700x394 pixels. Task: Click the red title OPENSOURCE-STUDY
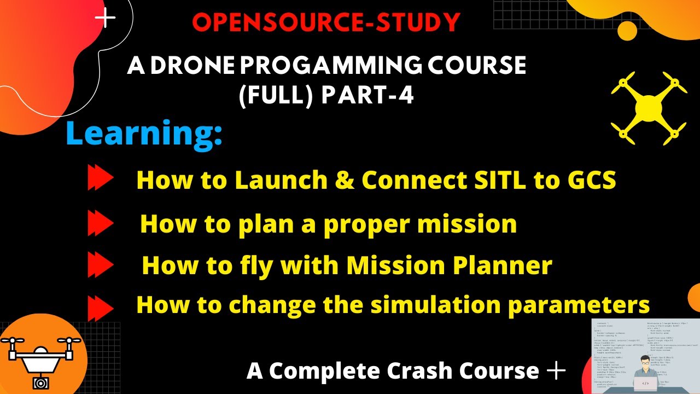click(x=326, y=22)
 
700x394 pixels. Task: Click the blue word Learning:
click(x=144, y=134)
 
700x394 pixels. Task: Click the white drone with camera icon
click(x=40, y=359)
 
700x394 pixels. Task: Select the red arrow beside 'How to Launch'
click(x=100, y=179)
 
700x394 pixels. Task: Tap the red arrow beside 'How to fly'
click(x=100, y=266)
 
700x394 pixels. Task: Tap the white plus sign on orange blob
click(x=105, y=19)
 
